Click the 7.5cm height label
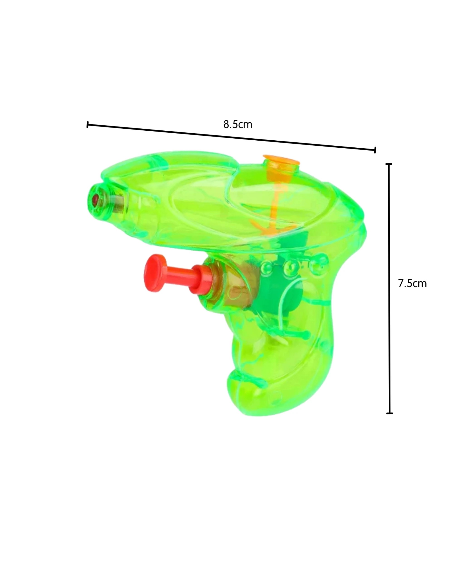[x=412, y=283]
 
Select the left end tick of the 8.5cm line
[x=88, y=125]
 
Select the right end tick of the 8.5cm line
[x=375, y=150]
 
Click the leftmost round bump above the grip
[x=266, y=267]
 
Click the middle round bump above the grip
[x=290, y=267]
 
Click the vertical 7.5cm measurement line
[x=389, y=289]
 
